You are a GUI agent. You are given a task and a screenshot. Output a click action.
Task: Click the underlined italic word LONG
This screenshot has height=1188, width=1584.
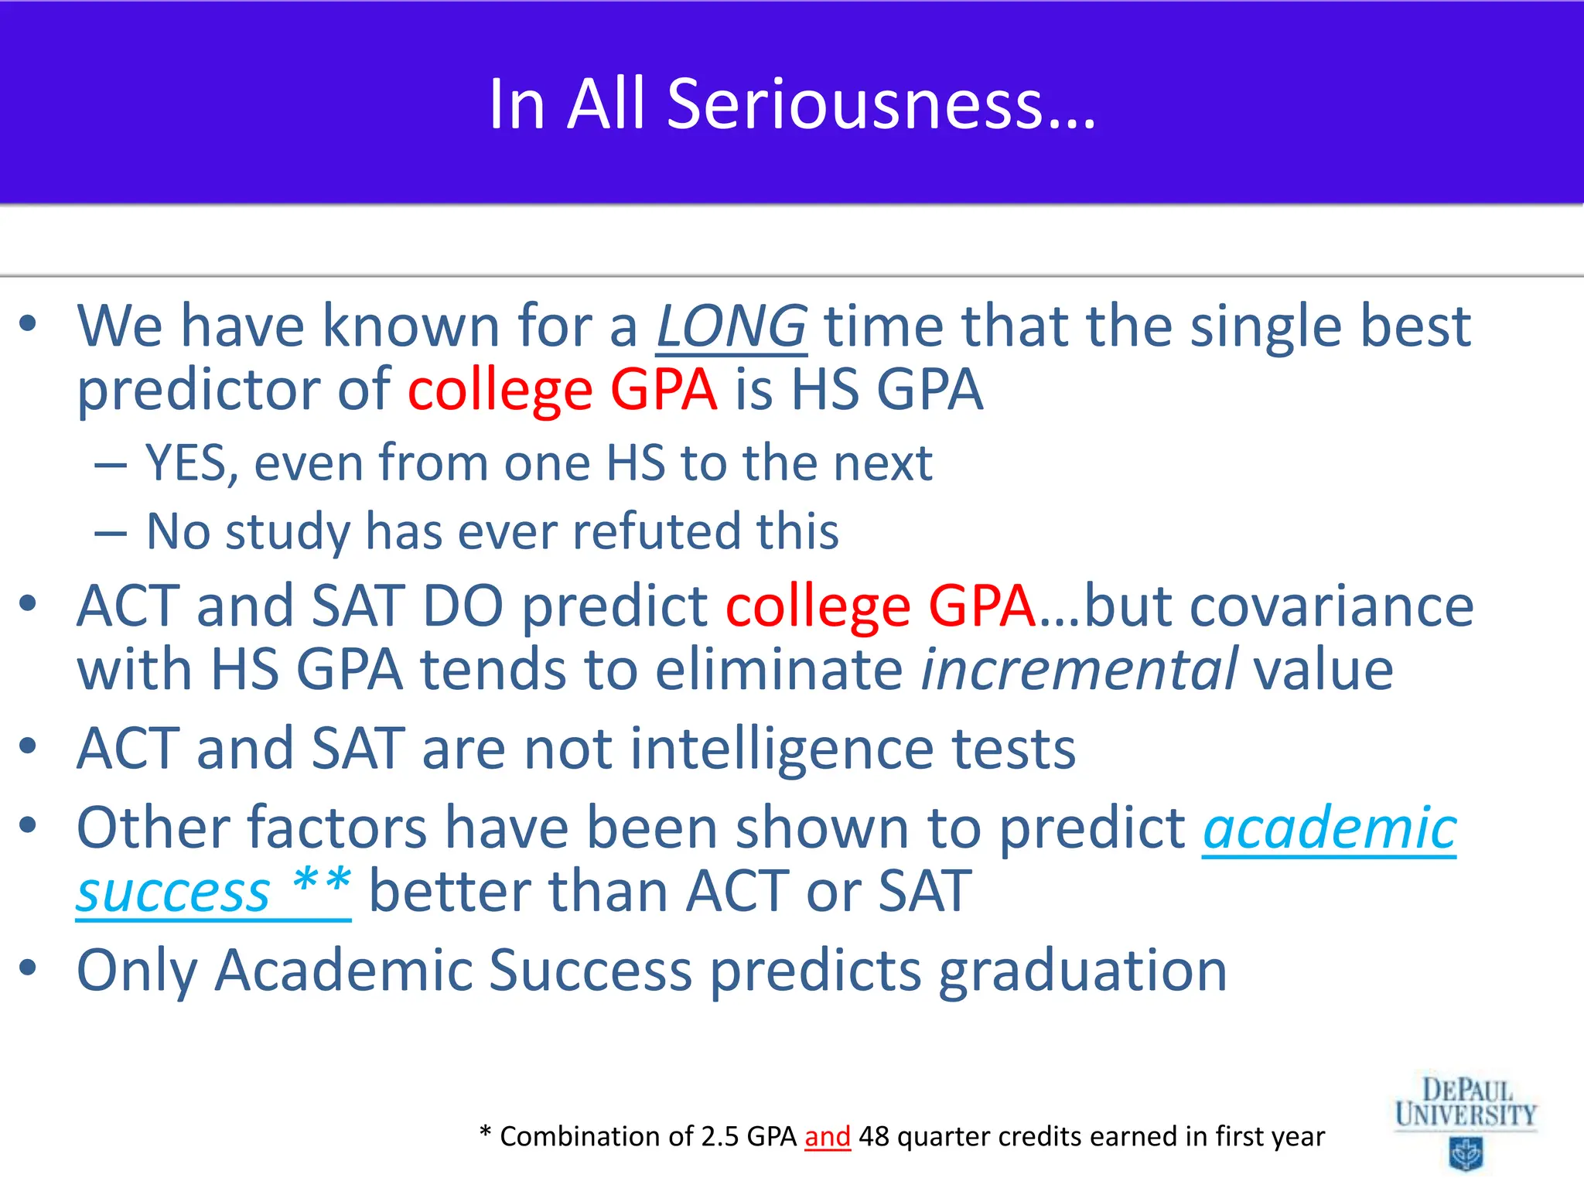click(x=731, y=326)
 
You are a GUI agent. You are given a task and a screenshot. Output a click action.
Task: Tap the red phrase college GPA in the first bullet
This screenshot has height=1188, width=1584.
click(x=562, y=390)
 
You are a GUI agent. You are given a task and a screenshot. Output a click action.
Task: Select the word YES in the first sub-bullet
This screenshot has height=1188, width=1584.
click(x=186, y=463)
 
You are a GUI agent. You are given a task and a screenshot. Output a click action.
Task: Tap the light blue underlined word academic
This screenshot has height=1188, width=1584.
click(x=1329, y=828)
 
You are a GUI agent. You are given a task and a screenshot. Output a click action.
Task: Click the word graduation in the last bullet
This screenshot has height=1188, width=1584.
click(x=1082, y=971)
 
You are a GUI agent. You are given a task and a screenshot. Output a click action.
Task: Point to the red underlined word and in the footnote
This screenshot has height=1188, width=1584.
click(x=827, y=1137)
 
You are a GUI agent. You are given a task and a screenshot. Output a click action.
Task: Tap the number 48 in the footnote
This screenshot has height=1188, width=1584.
click(x=873, y=1137)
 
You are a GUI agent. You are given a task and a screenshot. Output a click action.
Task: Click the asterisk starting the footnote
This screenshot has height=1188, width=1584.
click(x=485, y=1134)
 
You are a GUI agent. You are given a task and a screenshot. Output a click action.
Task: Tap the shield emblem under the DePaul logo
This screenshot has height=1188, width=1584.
click(x=1465, y=1155)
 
